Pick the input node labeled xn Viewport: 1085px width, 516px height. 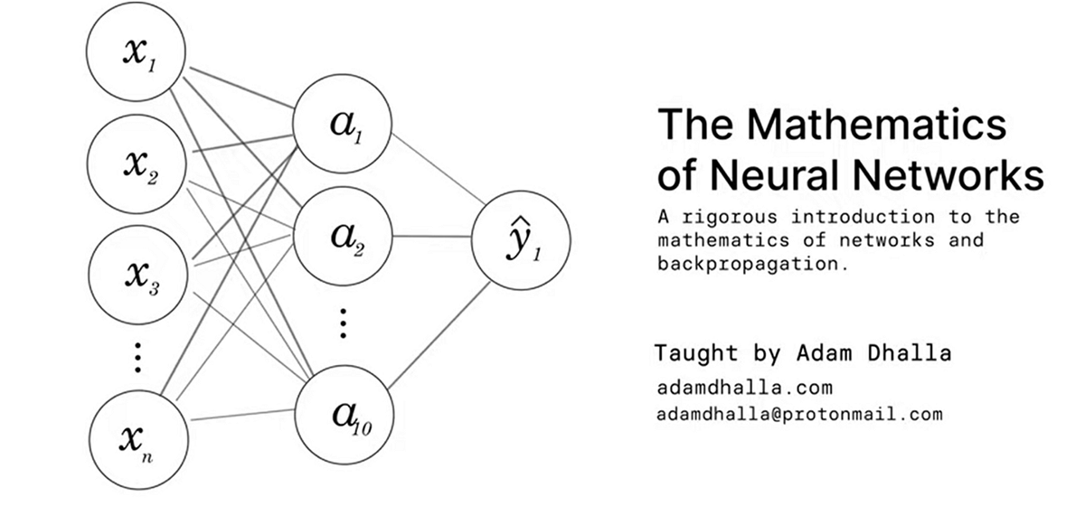coord(137,437)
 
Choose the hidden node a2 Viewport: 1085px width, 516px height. coord(343,236)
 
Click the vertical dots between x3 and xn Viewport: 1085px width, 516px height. coord(137,357)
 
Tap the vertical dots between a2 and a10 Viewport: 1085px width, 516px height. coord(343,323)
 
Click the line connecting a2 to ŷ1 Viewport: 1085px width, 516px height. coord(432,237)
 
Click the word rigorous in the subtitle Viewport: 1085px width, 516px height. coord(731,218)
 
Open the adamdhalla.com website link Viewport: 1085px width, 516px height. coord(744,388)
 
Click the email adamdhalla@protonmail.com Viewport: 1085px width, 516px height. coord(799,415)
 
